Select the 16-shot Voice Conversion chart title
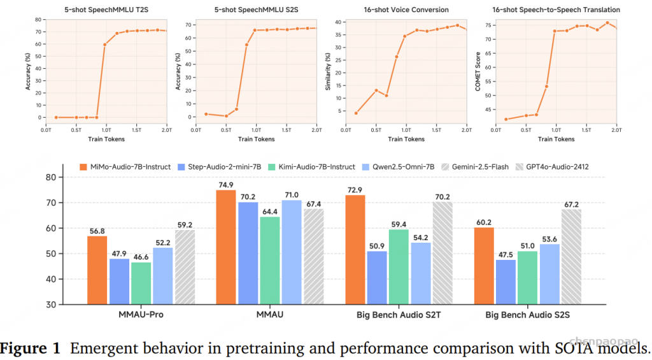tap(407, 10)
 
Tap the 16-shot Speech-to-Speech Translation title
tap(556, 10)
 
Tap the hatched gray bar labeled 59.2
tap(184, 267)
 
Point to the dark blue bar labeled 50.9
tap(377, 277)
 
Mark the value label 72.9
tap(355, 190)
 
